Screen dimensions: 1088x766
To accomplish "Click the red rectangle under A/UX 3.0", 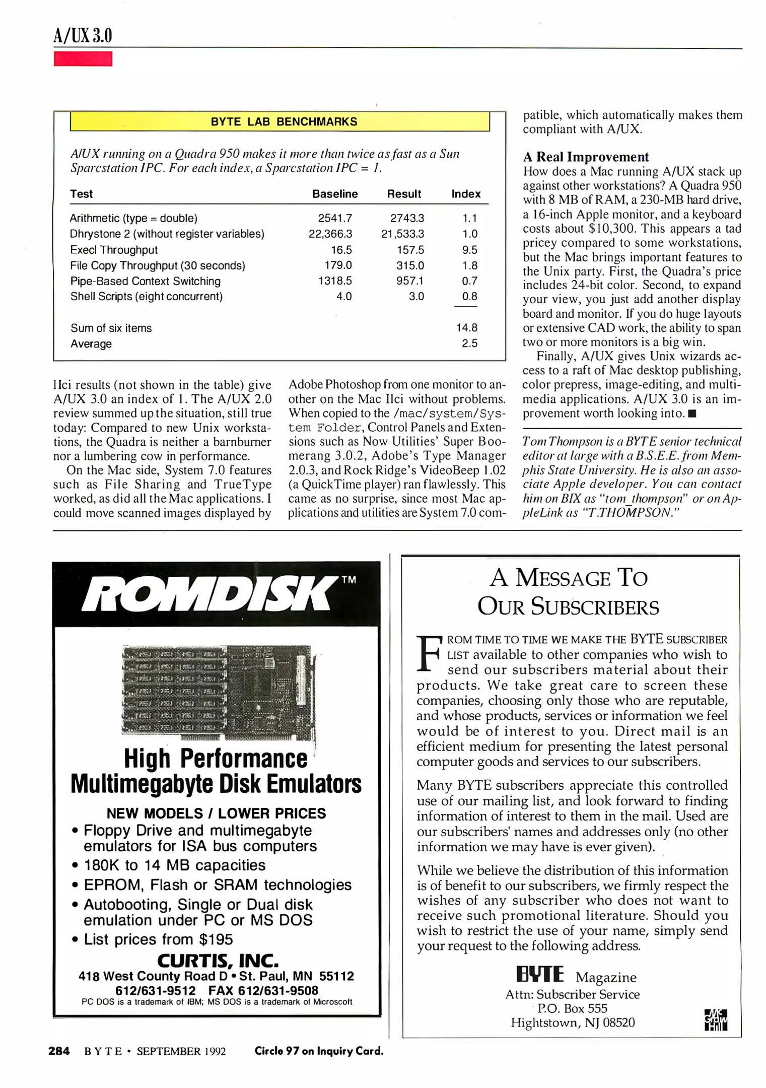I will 83,59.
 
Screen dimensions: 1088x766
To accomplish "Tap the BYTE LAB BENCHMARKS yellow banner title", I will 284,122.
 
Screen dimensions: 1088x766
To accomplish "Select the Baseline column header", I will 335,194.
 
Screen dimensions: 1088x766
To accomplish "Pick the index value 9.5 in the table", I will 469,250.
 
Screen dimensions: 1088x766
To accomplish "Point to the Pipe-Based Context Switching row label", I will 145,281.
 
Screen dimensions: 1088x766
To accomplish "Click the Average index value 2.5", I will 469,344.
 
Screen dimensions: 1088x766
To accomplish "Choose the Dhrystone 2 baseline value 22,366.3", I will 330,234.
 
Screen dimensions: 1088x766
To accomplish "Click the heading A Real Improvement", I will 586,157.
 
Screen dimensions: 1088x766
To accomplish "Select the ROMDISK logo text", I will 210,594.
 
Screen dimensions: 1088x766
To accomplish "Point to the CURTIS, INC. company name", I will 218,961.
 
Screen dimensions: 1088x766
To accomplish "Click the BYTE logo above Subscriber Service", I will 540,974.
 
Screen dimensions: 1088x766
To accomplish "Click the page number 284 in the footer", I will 59,1051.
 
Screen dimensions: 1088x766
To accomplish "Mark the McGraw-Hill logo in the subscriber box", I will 716,1020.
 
